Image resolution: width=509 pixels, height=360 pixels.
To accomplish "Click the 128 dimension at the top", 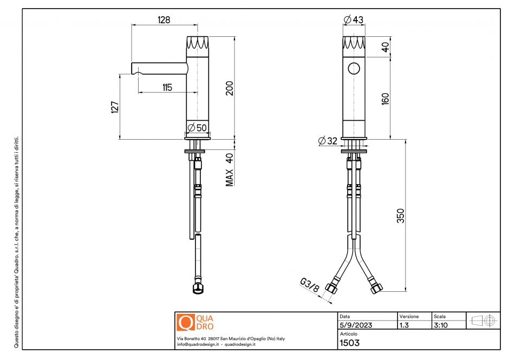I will click(x=164, y=20).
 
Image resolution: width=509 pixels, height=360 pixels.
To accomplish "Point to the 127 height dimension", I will click(x=114, y=107).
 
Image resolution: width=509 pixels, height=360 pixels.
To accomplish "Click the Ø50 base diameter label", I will click(x=197, y=128).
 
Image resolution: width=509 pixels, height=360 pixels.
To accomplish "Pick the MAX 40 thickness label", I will click(x=230, y=169).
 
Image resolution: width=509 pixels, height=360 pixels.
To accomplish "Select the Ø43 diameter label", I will click(x=354, y=20).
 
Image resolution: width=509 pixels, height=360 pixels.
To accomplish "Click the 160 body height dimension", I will click(x=386, y=99).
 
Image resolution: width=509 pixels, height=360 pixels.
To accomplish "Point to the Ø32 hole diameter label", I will click(x=328, y=141).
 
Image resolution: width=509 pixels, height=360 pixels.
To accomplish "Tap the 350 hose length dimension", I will click(x=401, y=215).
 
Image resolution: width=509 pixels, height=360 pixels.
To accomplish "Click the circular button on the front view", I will click(x=354, y=69).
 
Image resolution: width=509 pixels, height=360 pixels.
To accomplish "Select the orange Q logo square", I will click(x=186, y=322).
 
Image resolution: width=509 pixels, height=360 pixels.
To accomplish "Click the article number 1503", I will click(x=349, y=342).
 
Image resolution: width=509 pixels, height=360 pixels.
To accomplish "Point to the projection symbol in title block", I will click(x=484, y=320).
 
